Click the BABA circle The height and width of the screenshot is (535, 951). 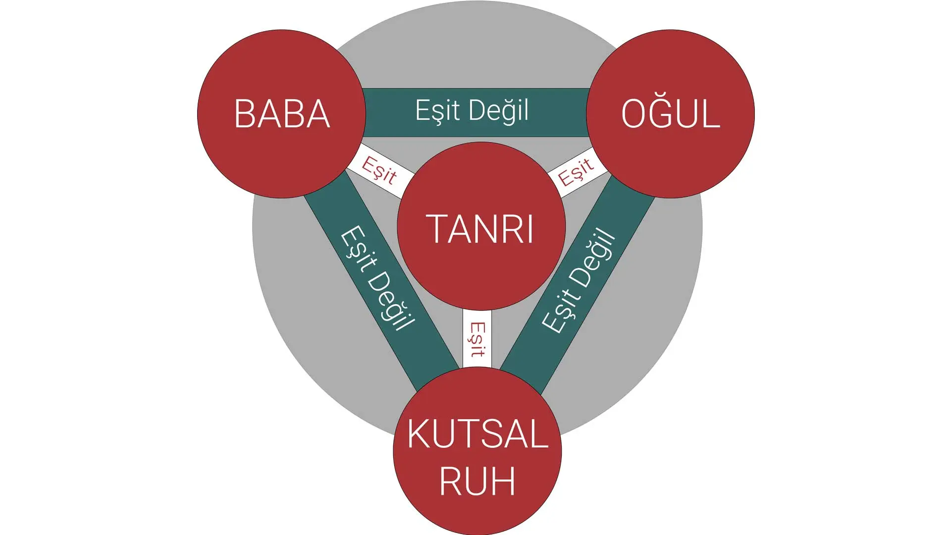(281, 114)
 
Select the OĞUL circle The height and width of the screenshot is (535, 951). (671, 114)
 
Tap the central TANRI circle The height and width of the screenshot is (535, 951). (481, 226)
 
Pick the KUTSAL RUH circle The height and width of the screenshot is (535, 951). (477, 451)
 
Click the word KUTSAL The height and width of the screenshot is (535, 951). (477, 434)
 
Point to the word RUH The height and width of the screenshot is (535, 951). (477, 481)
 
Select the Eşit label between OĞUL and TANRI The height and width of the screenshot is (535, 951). (576, 171)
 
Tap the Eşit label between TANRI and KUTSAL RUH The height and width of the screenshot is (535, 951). (477, 339)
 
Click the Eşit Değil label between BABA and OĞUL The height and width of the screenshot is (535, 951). (472, 111)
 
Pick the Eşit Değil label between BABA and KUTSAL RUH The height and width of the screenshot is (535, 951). (377, 278)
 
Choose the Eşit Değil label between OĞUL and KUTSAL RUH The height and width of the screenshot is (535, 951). (579, 280)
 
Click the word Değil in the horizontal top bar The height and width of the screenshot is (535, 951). (499, 111)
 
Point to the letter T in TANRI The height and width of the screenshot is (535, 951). (438, 228)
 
